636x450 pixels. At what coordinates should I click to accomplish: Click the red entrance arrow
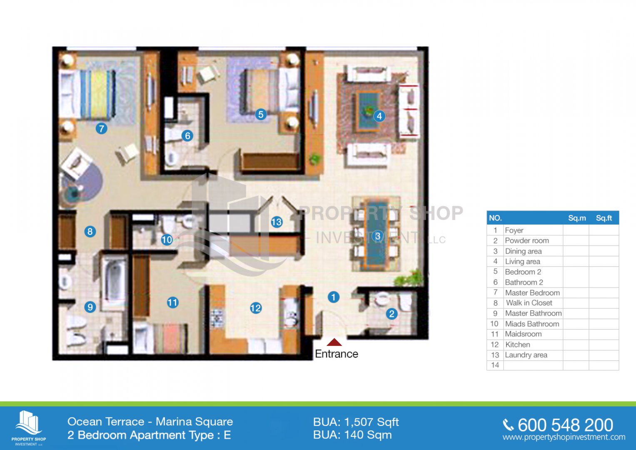tap(334, 342)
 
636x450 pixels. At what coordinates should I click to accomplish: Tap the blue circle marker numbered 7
tap(101, 129)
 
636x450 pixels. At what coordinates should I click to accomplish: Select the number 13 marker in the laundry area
tap(277, 222)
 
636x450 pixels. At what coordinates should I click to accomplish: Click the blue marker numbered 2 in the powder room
tap(392, 314)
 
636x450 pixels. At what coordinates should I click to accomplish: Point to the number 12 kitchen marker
tap(256, 308)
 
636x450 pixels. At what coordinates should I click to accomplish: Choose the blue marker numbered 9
tap(90, 307)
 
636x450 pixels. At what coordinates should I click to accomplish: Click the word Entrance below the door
tap(337, 354)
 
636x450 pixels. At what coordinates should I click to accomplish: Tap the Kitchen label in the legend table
tap(518, 345)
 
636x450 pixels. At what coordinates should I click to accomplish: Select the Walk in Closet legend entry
tap(529, 303)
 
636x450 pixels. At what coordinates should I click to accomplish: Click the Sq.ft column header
tap(604, 218)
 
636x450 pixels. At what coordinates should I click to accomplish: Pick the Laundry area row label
tap(526, 355)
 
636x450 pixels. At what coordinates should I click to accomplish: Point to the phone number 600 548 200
tap(565, 425)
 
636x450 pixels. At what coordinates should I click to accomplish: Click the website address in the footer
tap(564, 437)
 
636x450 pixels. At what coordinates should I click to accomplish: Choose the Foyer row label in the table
tap(514, 230)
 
